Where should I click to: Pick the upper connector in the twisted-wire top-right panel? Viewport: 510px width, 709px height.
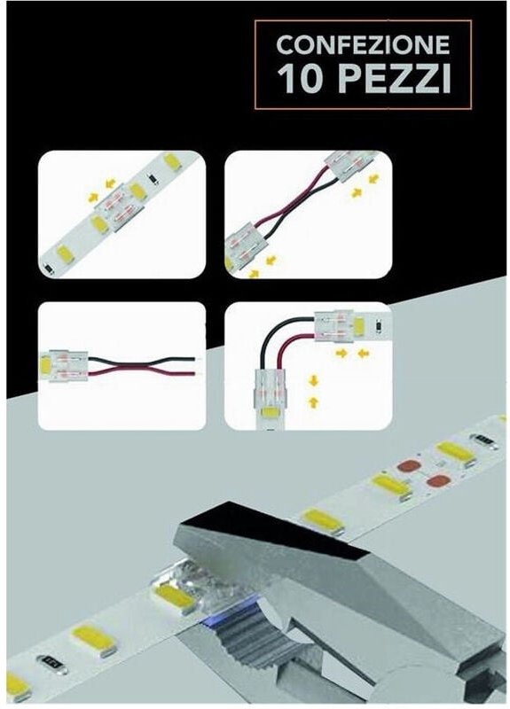[x=351, y=166]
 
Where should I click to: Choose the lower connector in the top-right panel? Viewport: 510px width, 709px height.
[x=247, y=250]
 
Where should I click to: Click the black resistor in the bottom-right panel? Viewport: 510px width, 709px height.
[x=380, y=325]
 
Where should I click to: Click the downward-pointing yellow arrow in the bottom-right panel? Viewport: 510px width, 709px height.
[x=313, y=381]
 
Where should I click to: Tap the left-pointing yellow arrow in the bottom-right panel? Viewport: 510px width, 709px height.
[x=364, y=354]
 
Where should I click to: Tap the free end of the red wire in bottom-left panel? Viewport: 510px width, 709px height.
[x=196, y=374]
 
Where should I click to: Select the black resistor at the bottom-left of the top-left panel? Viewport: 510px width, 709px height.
[x=48, y=269]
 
